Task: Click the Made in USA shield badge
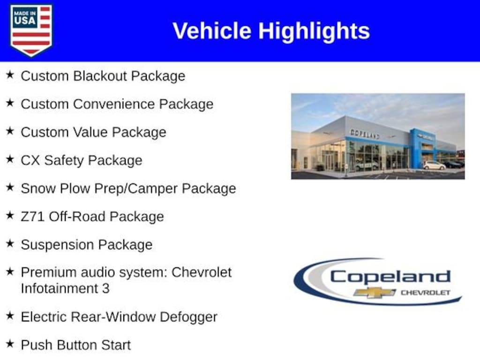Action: tap(31, 30)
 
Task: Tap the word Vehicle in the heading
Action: tap(212, 30)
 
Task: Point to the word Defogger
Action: tap(188, 317)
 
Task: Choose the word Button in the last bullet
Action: tap(76, 345)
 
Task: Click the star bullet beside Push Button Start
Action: tap(10, 344)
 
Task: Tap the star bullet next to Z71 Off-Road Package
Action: tap(10, 215)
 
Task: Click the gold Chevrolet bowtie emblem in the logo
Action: tap(375, 292)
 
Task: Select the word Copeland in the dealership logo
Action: tap(390, 277)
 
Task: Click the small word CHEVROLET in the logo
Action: tap(426, 292)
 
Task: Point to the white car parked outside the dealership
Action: tap(434, 165)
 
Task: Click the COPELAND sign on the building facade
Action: tap(365, 134)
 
